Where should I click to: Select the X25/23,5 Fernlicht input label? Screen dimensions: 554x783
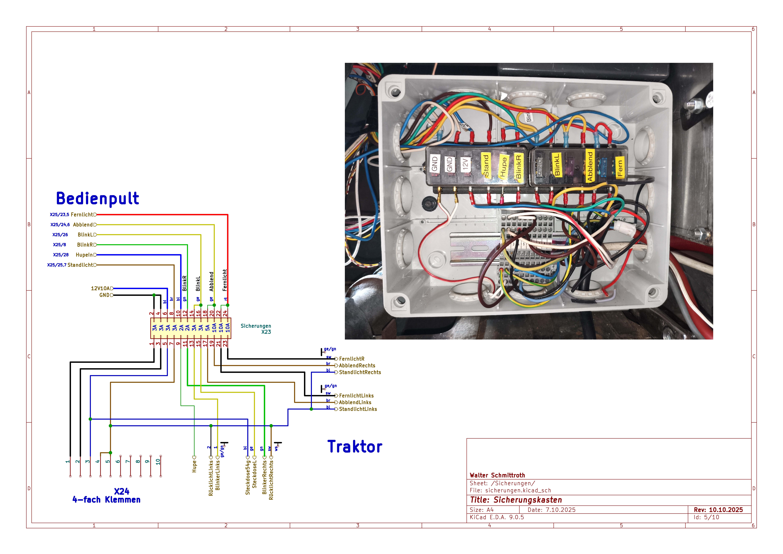tap(72, 215)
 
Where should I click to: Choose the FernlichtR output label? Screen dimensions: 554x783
tap(352, 359)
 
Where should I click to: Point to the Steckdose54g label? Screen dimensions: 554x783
tap(248, 478)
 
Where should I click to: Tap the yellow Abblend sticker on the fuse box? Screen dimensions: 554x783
tap(590, 166)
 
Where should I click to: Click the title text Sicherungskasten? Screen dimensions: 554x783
tap(528, 500)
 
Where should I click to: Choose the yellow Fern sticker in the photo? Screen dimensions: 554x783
tap(620, 167)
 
